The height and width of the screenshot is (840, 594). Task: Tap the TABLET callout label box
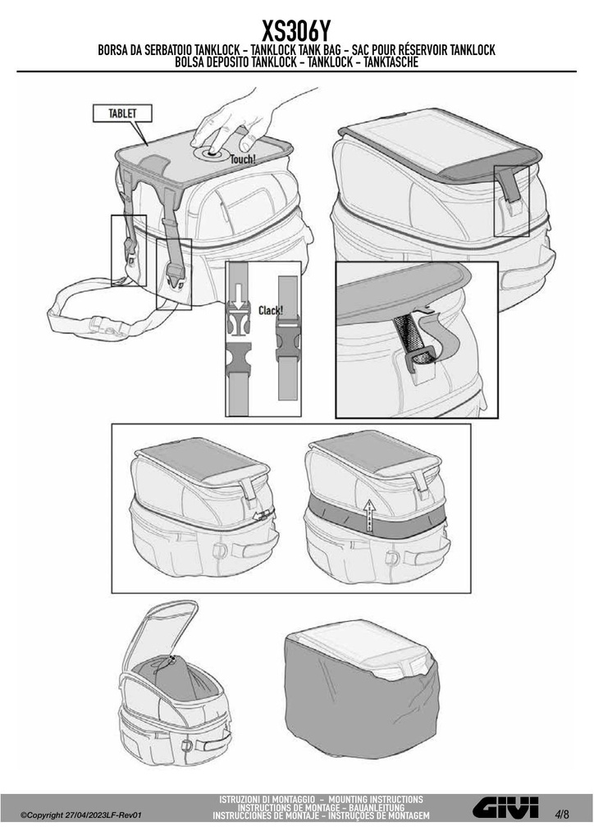(x=122, y=113)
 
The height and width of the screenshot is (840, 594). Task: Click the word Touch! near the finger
(x=243, y=158)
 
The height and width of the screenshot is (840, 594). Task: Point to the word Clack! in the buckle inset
(x=271, y=310)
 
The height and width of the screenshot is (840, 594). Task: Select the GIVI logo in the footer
(x=505, y=807)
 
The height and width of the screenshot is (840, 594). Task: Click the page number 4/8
(x=562, y=815)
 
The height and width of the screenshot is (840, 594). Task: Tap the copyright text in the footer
(x=81, y=815)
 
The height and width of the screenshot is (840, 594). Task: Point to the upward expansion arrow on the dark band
(x=368, y=515)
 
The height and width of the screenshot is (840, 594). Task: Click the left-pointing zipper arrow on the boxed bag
(x=260, y=516)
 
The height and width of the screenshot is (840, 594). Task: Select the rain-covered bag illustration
(x=362, y=688)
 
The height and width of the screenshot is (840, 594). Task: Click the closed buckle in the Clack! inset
(x=288, y=338)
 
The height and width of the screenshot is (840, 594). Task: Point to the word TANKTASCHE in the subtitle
(x=391, y=62)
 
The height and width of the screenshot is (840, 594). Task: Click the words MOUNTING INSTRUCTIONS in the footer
(x=376, y=799)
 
